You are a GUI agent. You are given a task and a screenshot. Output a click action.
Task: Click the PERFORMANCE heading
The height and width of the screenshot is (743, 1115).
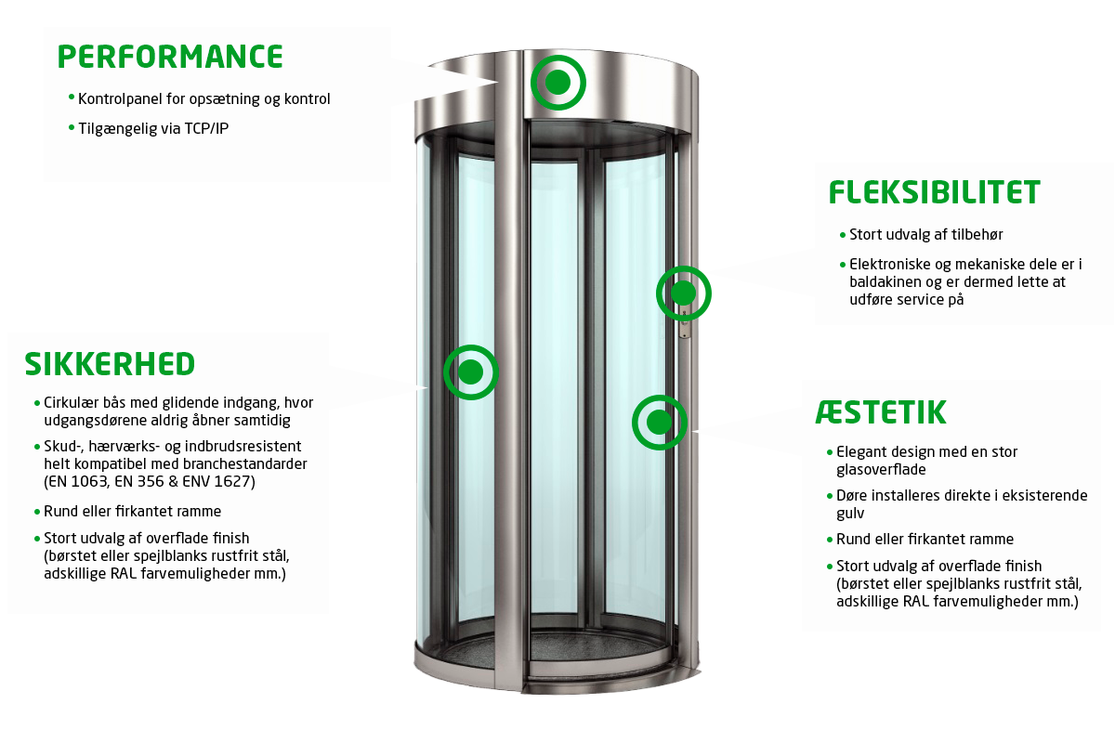coord(170,57)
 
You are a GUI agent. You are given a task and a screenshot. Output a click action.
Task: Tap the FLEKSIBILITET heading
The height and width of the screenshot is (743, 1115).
coord(934,192)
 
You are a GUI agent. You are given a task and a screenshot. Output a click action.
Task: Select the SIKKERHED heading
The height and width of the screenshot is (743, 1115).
coord(110,364)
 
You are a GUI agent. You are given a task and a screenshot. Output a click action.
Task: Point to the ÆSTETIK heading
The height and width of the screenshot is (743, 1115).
coord(881,411)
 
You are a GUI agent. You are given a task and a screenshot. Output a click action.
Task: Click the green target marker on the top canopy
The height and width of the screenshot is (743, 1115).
coord(557,83)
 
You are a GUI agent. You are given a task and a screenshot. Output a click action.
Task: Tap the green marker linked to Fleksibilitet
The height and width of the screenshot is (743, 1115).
coord(683,293)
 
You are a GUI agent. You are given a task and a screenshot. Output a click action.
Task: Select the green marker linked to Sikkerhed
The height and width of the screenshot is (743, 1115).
coord(471,372)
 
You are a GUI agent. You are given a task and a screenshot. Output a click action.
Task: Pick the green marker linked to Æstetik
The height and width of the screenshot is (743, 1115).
coord(659,423)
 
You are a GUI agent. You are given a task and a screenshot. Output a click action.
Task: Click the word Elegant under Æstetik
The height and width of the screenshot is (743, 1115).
coord(863,452)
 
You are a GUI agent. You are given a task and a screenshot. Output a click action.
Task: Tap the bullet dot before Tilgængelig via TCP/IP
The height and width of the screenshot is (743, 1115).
coord(72,126)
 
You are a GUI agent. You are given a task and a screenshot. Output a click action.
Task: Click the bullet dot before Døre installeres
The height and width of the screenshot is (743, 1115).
coord(830,495)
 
